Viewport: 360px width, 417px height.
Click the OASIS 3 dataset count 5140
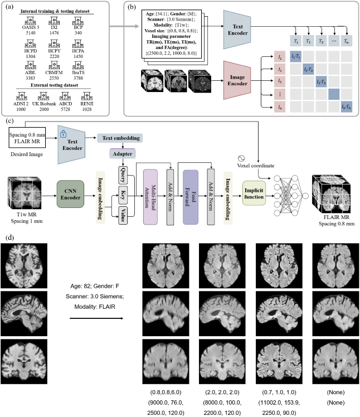click(27, 33)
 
